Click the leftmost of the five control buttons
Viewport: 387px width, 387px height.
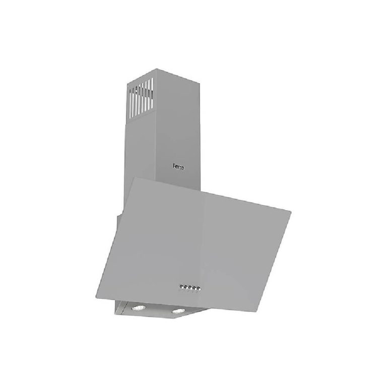click(x=181, y=286)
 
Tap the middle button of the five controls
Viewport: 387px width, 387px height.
click(x=190, y=287)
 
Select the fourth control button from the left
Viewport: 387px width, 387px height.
click(x=195, y=288)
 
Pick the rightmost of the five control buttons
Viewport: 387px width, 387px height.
click(x=199, y=289)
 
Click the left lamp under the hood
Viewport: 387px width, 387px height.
click(x=139, y=307)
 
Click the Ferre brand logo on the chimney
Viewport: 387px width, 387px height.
click(x=178, y=167)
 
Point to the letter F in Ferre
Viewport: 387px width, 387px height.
click(x=174, y=166)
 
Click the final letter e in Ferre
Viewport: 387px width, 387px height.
click(x=183, y=168)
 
